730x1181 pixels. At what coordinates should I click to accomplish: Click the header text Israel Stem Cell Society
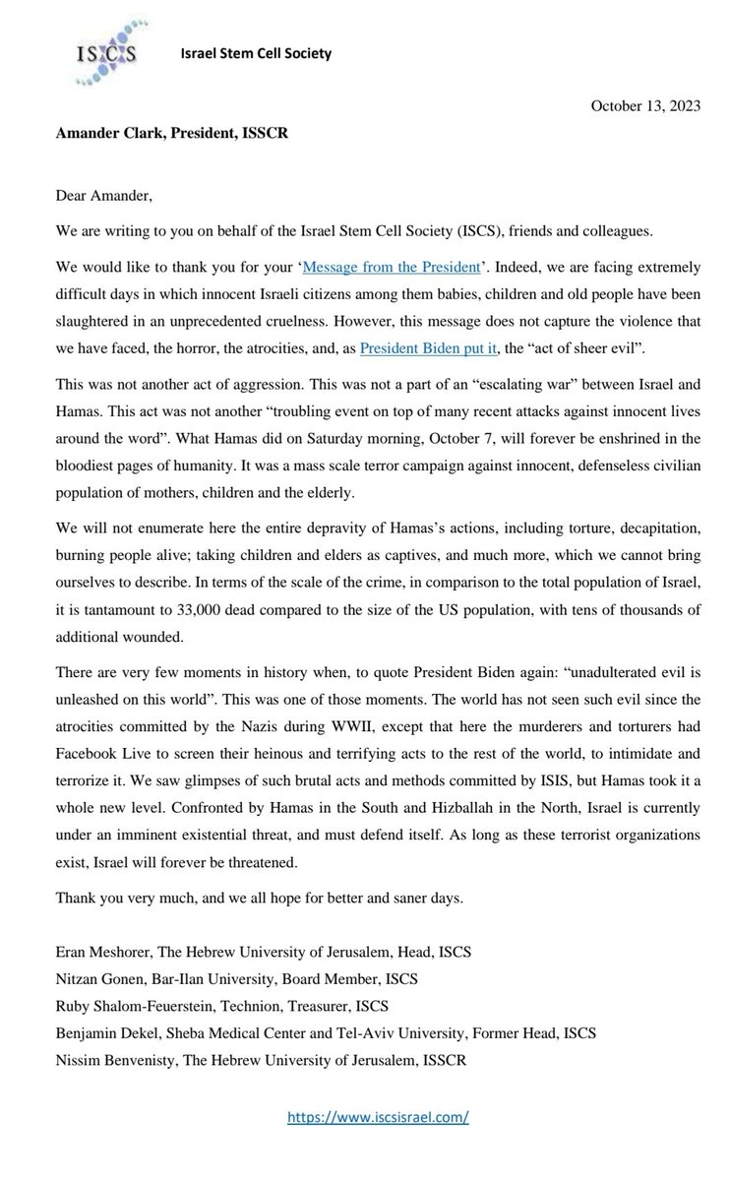click(255, 54)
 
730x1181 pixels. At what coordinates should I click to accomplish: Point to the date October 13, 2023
click(645, 107)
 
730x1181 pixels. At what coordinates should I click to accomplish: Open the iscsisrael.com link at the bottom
click(377, 1118)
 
